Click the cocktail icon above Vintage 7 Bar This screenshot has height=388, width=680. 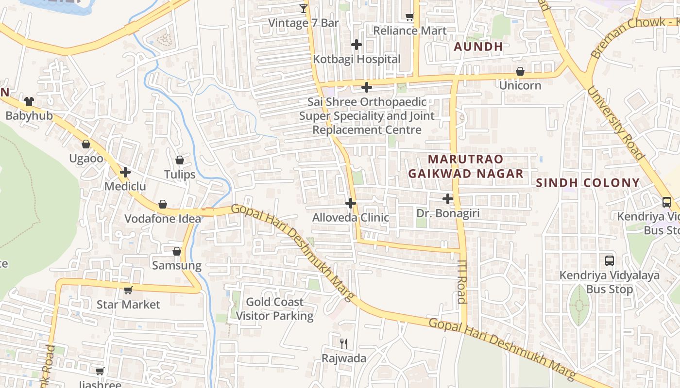[x=304, y=8]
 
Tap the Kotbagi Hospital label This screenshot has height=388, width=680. [x=357, y=59]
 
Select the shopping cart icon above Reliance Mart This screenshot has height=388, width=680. [x=410, y=16]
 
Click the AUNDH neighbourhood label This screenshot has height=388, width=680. [x=478, y=47]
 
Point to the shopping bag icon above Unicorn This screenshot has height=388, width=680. [x=520, y=71]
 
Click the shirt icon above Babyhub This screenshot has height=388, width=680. [x=29, y=101]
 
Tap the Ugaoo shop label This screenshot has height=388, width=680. [x=86, y=159]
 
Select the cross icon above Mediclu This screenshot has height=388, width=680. [x=125, y=172]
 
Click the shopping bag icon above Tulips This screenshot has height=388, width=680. [x=180, y=160]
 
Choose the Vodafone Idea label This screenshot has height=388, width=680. [x=163, y=219]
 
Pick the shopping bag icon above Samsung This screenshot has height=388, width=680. [x=177, y=251]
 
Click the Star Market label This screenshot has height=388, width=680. [x=128, y=305]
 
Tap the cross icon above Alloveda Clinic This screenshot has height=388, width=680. [x=351, y=203]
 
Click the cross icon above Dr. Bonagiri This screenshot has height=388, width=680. [x=448, y=199]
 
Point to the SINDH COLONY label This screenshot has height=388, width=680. [x=588, y=183]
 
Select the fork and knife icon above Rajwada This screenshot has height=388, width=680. [x=344, y=344]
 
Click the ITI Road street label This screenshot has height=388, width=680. [x=462, y=281]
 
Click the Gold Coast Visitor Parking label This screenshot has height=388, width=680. [x=274, y=309]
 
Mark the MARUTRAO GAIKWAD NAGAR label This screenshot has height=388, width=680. [x=466, y=166]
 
